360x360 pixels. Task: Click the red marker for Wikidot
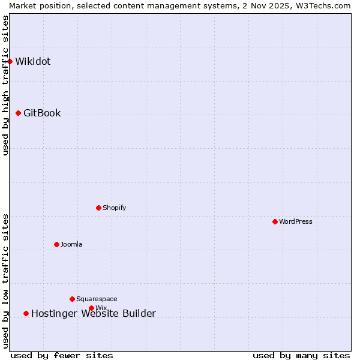click(10, 61)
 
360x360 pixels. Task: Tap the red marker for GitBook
click(18, 113)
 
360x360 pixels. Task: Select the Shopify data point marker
click(98, 208)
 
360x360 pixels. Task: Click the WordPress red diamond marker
click(275, 221)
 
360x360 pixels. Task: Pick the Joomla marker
click(56, 244)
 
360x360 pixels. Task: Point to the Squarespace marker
click(72, 299)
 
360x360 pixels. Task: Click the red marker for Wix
click(91, 308)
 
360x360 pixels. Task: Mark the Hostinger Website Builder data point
click(26, 313)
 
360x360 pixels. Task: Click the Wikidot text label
click(33, 61)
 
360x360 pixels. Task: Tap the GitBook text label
click(42, 113)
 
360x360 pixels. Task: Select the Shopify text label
click(114, 208)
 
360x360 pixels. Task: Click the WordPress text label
click(296, 221)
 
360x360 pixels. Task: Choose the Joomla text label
click(71, 244)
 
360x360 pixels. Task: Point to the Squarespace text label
click(97, 299)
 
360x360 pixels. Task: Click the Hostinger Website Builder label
click(94, 313)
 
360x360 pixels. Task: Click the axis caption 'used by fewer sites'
click(62, 355)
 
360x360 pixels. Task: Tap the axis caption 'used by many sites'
click(301, 355)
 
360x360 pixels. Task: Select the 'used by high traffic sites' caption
click(5, 85)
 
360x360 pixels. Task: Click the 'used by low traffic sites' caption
click(5, 281)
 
